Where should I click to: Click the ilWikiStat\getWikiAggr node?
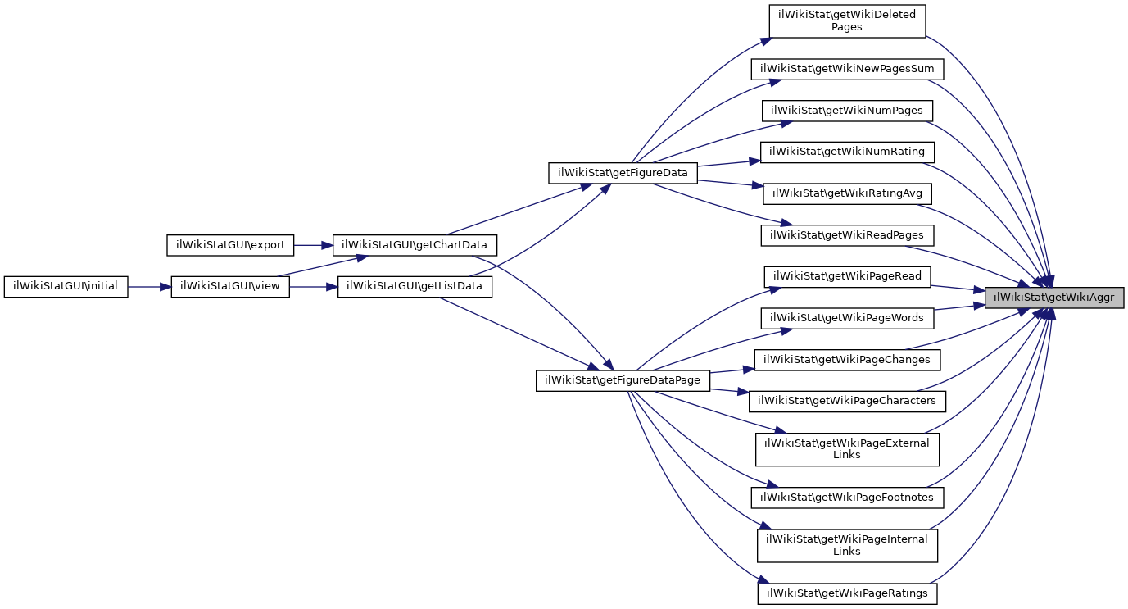coord(1053,298)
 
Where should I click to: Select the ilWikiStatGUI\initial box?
coord(66,287)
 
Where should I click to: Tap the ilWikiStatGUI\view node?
coord(230,287)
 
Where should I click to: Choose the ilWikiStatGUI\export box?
coord(230,245)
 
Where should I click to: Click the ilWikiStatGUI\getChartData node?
coord(415,245)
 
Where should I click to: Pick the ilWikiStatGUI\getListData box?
coord(415,287)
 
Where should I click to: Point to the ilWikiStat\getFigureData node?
coord(623,173)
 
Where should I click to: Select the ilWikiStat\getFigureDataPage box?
coord(623,380)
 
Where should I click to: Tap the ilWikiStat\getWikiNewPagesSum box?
coord(847,69)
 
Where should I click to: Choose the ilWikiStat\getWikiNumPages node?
coord(847,111)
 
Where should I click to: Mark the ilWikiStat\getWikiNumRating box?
coord(847,152)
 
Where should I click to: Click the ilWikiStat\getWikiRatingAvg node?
coord(847,193)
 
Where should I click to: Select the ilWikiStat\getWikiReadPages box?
coord(847,235)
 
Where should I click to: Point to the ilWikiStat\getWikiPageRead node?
coord(847,276)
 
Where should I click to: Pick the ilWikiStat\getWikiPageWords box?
coord(847,318)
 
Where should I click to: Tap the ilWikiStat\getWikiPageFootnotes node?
coord(847,497)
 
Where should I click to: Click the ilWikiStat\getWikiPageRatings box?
coord(847,593)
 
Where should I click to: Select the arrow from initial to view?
coord(149,287)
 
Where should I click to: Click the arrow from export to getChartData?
coord(313,245)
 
